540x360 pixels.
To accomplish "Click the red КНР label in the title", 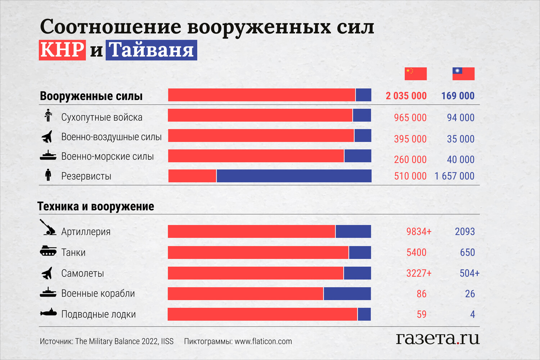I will [x=62, y=50].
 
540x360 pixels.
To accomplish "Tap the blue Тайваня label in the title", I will [x=151, y=50].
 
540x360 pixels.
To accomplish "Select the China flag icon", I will [x=415, y=73].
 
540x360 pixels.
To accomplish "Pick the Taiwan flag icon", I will [x=463, y=73].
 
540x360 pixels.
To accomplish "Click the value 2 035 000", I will [x=406, y=96].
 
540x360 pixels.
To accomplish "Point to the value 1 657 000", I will [x=454, y=176].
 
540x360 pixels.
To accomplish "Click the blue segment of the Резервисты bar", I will [x=294, y=176].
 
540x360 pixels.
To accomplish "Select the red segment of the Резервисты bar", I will [x=192, y=176].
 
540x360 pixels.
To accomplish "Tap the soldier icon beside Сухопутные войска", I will [x=48, y=116].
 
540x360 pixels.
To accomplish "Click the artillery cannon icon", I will [x=48, y=228].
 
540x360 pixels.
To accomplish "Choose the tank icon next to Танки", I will [x=48, y=251].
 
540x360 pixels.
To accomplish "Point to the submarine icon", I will [x=48, y=313].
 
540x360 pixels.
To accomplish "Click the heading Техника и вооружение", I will [x=96, y=206].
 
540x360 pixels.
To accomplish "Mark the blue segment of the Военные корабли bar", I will [x=347, y=294].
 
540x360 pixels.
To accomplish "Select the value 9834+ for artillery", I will [x=419, y=231].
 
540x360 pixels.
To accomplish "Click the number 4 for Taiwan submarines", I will [x=472, y=314].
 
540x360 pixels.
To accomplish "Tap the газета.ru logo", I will [x=438, y=338].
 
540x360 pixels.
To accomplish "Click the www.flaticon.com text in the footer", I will [x=263, y=341].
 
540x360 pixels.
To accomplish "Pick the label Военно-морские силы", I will [x=107, y=156].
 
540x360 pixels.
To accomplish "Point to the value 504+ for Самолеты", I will [x=469, y=273].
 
